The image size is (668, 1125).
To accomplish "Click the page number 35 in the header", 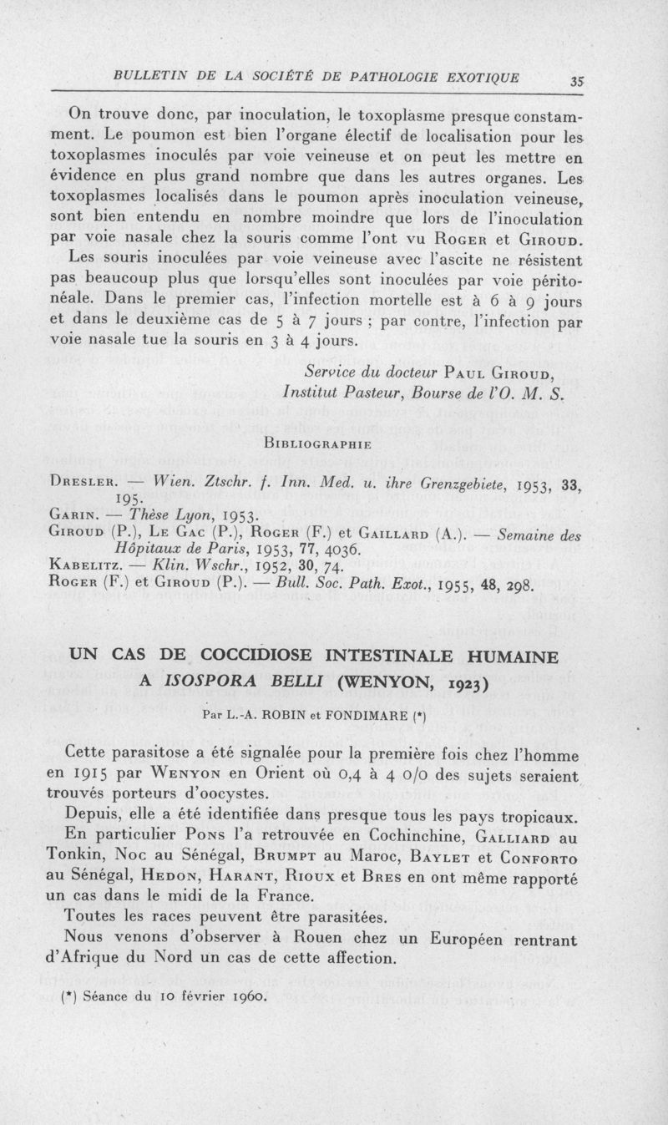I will click(576, 81).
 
